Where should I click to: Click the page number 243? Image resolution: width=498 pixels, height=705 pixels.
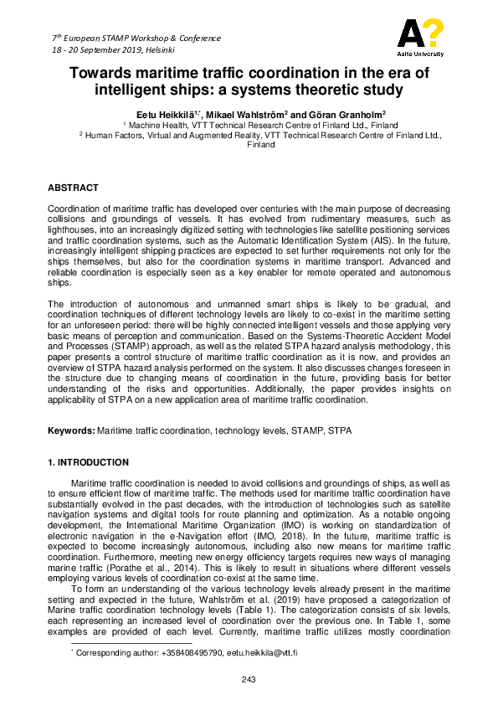tap(249, 678)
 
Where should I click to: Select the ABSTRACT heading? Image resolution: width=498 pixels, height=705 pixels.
tap(73, 188)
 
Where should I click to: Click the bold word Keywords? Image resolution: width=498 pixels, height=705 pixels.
tap(70, 430)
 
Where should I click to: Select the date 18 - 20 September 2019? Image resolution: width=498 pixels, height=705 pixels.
tap(98, 50)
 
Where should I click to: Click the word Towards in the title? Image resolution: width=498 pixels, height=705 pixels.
tap(104, 73)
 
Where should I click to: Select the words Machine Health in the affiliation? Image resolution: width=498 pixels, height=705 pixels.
tap(155, 123)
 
